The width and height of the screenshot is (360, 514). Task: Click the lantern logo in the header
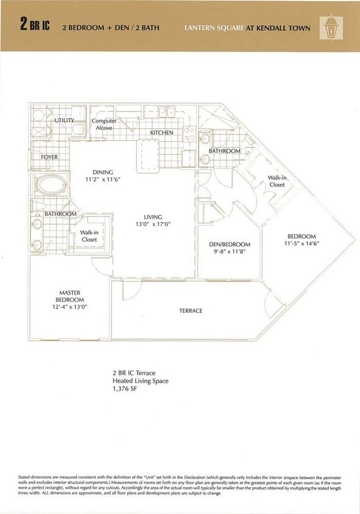coord(331,26)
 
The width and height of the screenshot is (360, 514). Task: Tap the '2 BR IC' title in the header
coord(35,26)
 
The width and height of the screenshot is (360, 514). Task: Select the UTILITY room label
coord(64,121)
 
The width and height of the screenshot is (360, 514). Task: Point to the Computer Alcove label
coord(104,124)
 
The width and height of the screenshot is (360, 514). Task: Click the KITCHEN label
coord(162,132)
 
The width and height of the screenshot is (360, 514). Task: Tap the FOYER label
coord(49,157)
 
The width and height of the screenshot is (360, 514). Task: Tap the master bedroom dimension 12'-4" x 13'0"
coord(70,308)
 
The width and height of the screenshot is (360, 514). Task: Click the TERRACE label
coord(191,311)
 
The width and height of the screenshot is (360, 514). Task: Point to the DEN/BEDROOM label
coord(230,244)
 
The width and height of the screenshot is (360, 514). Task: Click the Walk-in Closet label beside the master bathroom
coord(90,236)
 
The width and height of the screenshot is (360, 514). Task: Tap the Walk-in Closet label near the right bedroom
coord(277,181)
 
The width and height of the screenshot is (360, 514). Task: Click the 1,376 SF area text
coord(125,389)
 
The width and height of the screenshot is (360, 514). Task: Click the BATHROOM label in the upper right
coord(225,151)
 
